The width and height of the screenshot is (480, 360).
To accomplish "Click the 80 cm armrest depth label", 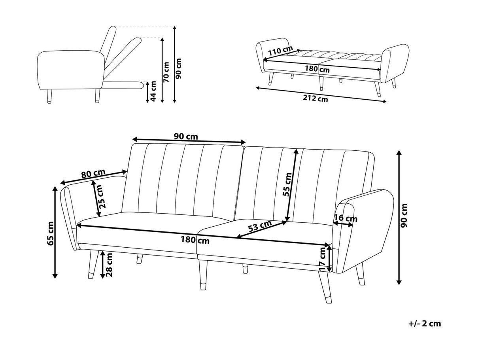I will click(93, 173).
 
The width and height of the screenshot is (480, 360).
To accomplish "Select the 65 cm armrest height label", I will click(50, 233).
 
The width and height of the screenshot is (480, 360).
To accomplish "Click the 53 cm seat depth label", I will click(260, 227).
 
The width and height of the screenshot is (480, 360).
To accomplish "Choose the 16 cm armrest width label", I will click(346, 218).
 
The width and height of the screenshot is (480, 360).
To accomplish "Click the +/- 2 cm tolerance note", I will click(424, 324).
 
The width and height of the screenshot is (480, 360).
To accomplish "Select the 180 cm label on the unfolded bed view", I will click(317, 69).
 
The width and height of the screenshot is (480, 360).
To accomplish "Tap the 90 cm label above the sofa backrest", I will click(186, 136).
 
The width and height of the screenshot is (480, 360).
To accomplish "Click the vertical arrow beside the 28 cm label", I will click(102, 264).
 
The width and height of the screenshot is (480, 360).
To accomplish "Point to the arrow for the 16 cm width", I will click(343, 224).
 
